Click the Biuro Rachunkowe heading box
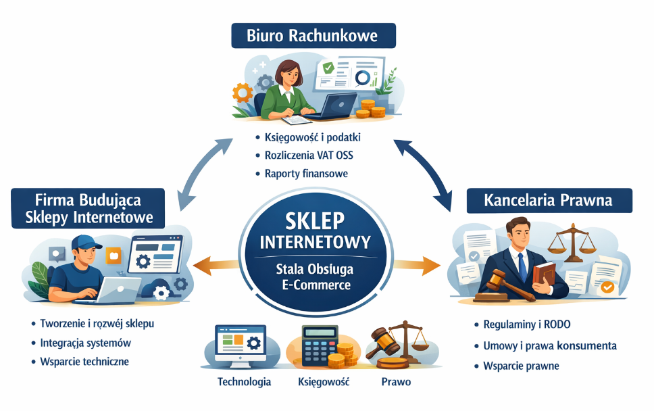313,34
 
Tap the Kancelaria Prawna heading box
549,201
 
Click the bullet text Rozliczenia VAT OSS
309,155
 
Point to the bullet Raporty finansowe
306,174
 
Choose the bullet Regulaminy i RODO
527,324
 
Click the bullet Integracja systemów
86,343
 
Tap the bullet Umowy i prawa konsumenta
550,345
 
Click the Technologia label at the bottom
244,382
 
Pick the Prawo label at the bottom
395,382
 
